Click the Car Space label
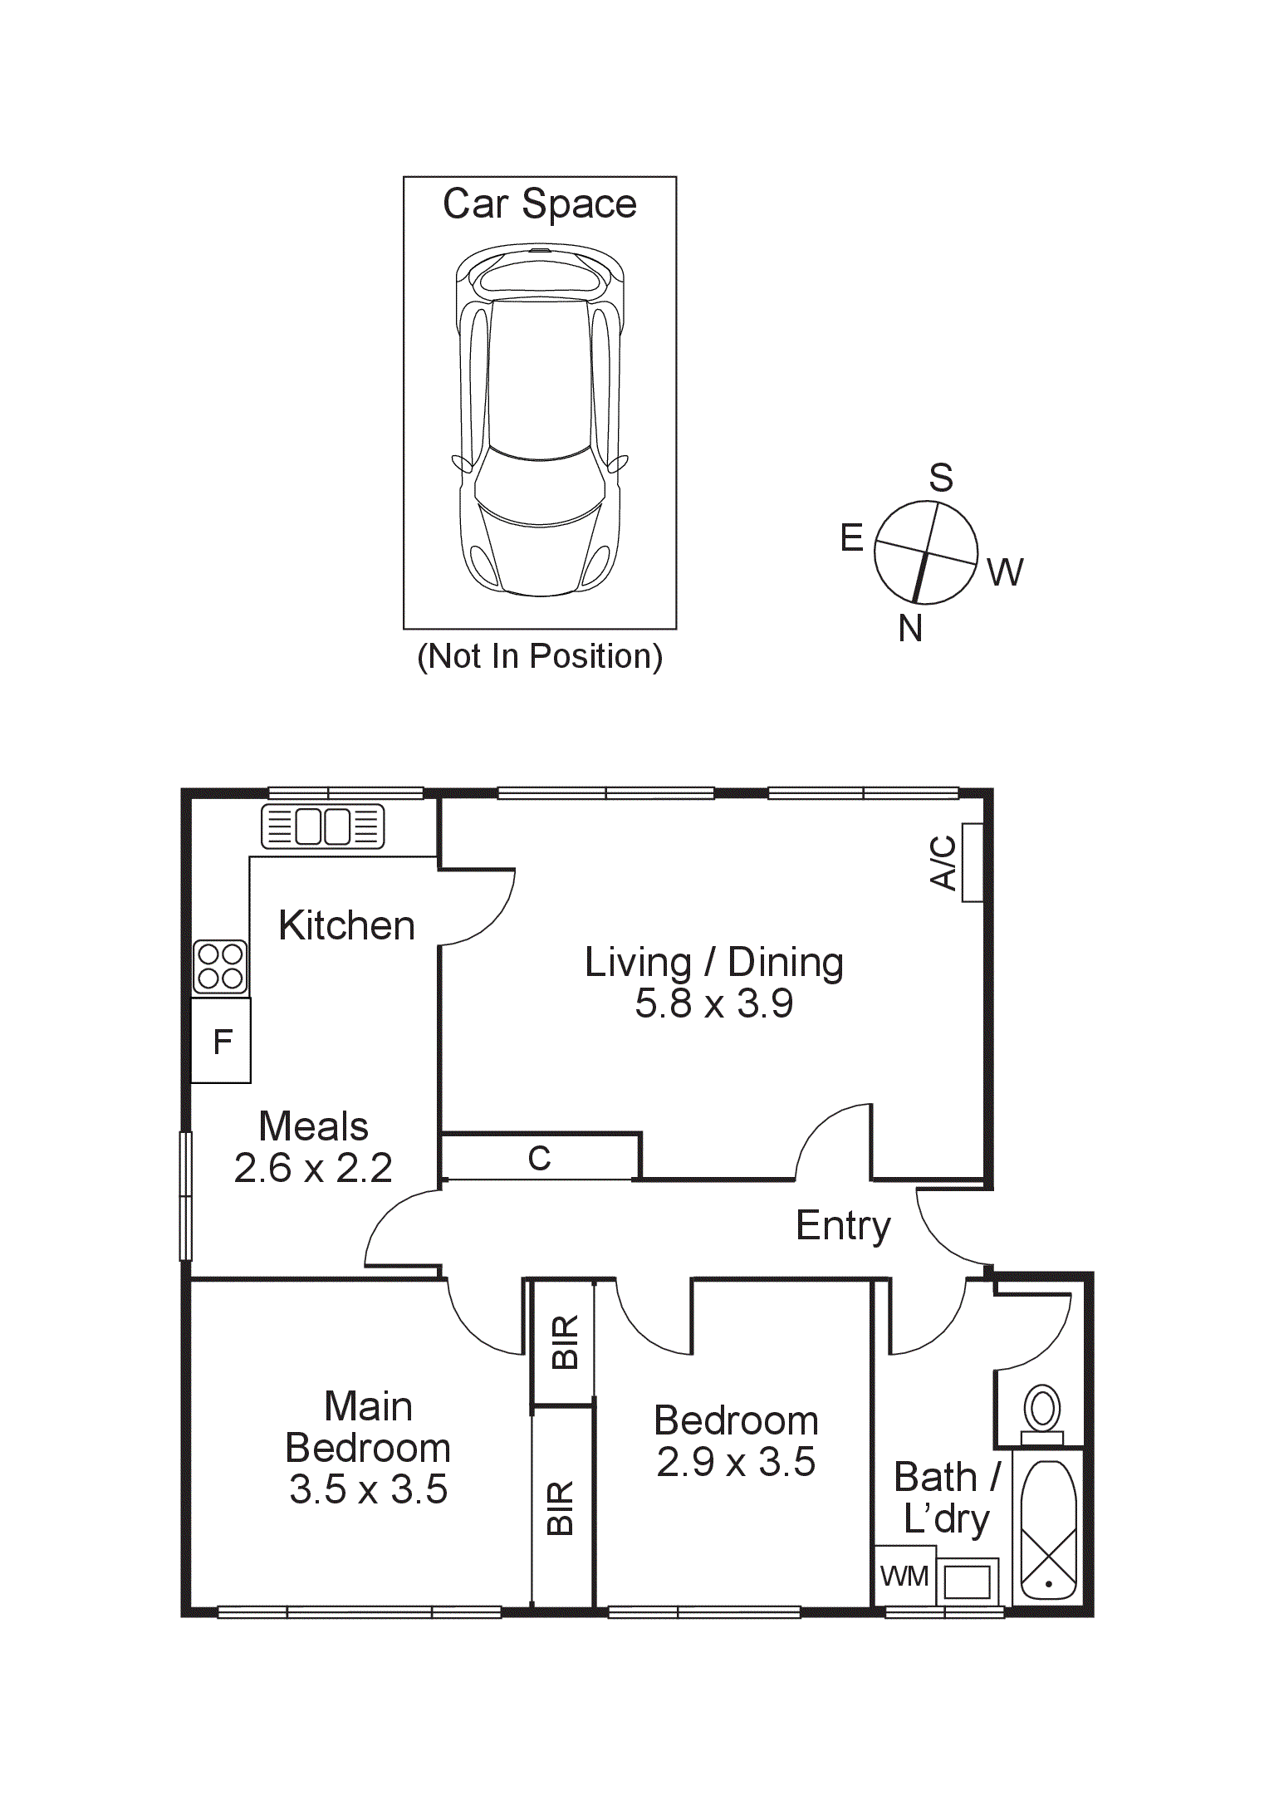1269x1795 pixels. tap(539, 204)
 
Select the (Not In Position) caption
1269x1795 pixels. tap(540, 656)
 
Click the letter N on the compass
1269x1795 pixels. tap(910, 629)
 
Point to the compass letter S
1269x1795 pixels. tap(940, 478)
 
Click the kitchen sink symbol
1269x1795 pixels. tap(323, 826)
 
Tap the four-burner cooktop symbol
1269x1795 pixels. tap(220, 967)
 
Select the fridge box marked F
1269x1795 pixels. tap(221, 1041)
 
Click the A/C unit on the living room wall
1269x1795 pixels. tap(973, 862)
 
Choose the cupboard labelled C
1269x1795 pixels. tap(539, 1158)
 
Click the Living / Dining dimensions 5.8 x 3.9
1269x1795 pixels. tap(714, 1003)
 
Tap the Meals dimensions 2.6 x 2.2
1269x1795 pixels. tap(313, 1169)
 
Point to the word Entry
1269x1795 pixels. tap(843, 1226)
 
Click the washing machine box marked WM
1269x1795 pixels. tap(904, 1576)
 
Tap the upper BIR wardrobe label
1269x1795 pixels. tap(564, 1341)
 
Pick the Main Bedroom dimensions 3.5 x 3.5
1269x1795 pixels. tap(368, 1489)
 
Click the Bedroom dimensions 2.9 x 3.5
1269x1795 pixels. tap(736, 1462)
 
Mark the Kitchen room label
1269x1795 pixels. tap(346, 925)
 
